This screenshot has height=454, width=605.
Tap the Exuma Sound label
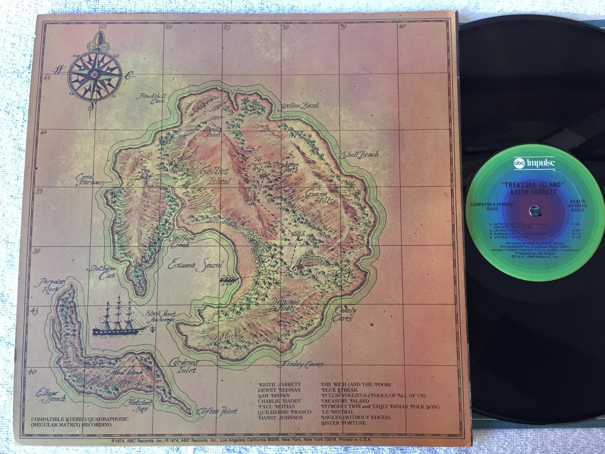point(195,265)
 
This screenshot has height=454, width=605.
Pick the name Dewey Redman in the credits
point(279,390)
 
